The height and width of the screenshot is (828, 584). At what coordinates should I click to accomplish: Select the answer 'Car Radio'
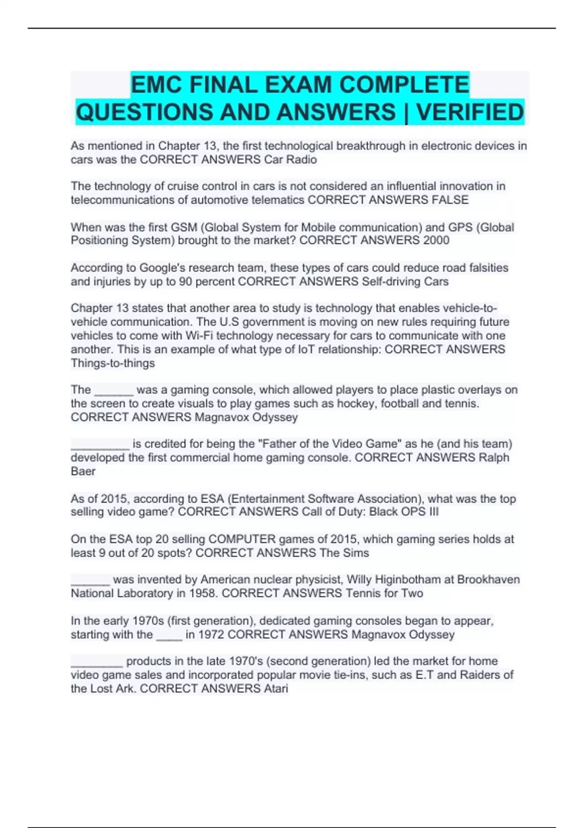tap(291, 160)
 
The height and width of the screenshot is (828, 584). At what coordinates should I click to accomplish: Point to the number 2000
tap(436, 240)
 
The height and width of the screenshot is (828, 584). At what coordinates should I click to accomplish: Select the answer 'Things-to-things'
tap(113, 363)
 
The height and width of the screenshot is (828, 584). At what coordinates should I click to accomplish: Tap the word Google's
tap(163, 268)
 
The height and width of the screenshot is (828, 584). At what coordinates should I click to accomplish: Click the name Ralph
tap(494, 457)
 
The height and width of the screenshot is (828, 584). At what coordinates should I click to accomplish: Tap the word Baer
tap(83, 471)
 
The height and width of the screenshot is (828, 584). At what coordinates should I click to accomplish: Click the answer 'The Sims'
tap(344, 553)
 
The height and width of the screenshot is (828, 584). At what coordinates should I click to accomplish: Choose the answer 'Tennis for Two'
tap(384, 593)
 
